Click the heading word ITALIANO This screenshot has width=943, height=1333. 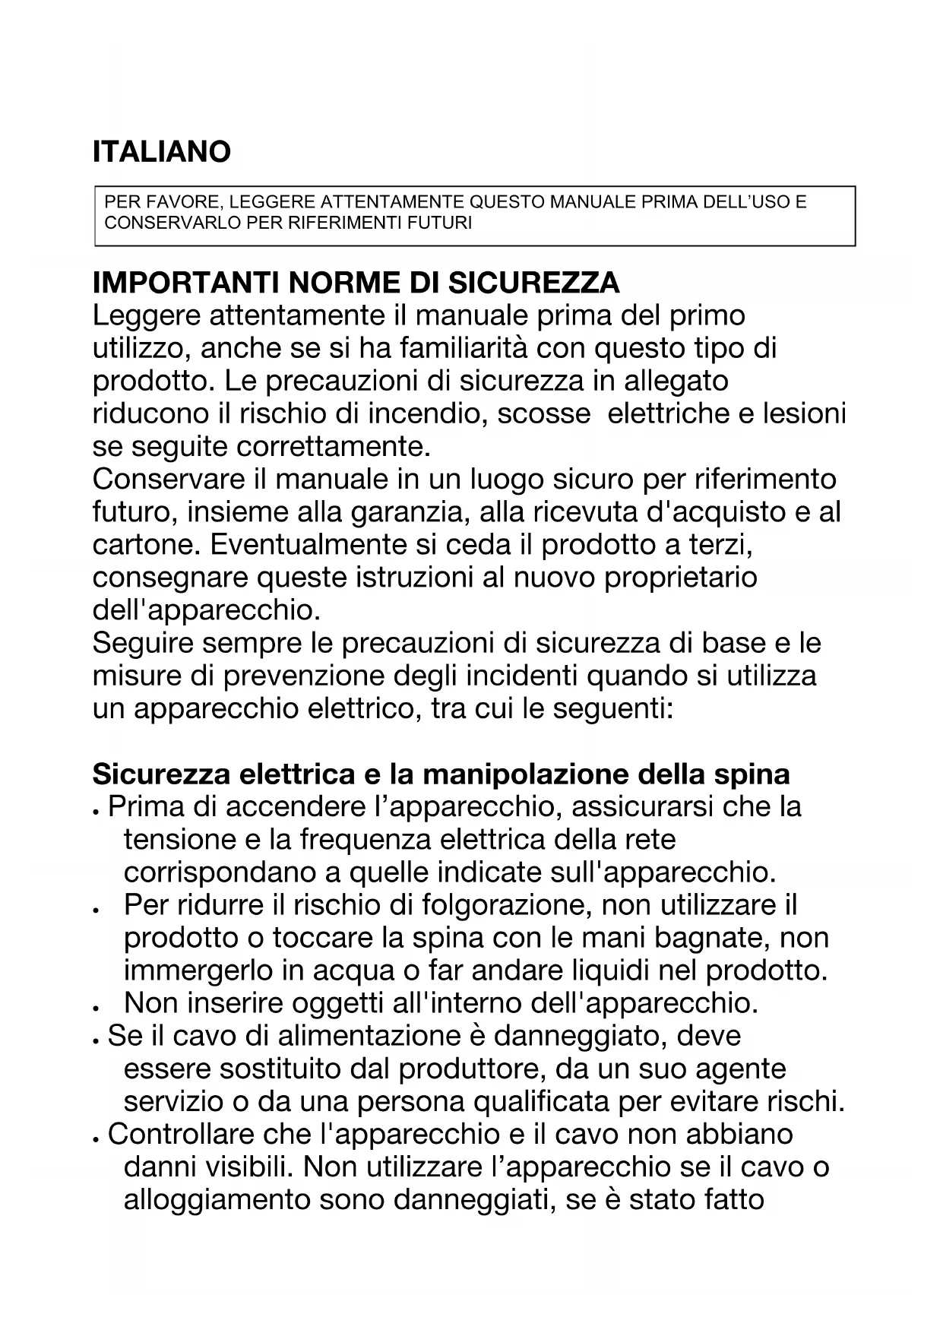[x=161, y=152]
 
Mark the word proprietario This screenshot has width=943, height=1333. [x=681, y=578]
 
